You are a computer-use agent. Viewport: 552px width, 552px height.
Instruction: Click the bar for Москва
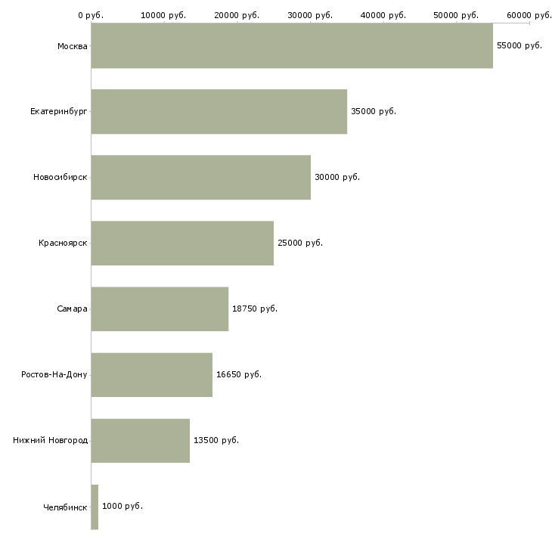click(292, 46)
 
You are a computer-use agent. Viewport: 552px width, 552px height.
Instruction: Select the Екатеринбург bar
click(219, 112)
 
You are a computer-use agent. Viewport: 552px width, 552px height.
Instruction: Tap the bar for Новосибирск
click(201, 178)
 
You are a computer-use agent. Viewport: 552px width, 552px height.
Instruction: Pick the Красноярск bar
click(182, 243)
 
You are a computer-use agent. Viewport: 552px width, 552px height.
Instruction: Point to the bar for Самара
click(160, 309)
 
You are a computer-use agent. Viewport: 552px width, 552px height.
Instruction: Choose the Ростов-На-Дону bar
click(152, 375)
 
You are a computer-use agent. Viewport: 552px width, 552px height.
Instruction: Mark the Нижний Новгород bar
click(141, 441)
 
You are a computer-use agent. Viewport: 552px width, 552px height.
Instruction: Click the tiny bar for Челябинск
click(95, 507)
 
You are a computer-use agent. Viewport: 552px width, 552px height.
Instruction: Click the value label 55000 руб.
click(519, 46)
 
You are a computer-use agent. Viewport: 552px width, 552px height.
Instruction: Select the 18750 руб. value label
click(254, 309)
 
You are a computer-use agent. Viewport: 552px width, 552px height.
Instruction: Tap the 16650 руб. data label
click(238, 375)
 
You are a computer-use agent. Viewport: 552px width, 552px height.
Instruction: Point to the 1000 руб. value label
click(122, 507)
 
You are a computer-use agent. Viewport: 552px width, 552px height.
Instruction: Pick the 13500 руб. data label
click(216, 441)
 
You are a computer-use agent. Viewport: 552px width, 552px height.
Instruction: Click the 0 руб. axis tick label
click(91, 15)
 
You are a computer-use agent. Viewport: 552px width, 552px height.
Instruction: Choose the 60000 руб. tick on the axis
click(529, 15)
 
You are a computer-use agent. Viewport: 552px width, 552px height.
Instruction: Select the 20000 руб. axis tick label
click(237, 15)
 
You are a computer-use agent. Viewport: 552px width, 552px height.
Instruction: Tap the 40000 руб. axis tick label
click(383, 15)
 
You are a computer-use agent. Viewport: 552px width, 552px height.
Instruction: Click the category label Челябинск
click(65, 507)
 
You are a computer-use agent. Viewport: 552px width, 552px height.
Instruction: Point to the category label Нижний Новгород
click(51, 441)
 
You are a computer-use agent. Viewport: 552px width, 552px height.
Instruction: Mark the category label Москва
click(72, 46)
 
